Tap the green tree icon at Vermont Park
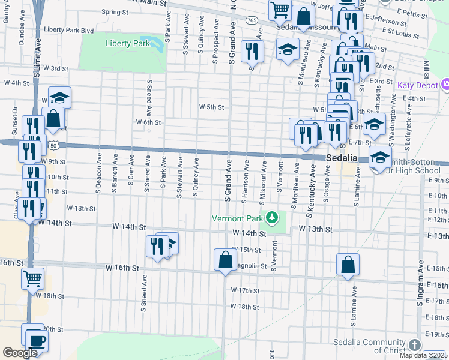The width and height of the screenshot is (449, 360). (x=273, y=217)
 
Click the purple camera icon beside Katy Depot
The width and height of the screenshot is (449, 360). (x=445, y=85)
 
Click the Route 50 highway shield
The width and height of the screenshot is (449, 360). (x=54, y=145)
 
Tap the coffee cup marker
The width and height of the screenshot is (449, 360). (x=37, y=342)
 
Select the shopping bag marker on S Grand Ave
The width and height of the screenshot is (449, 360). (x=225, y=260)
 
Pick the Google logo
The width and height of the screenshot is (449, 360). (x=20, y=353)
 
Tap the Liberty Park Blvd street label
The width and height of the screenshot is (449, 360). (x=69, y=30)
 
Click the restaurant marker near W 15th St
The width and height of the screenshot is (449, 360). (x=157, y=247)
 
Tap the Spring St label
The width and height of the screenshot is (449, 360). (x=112, y=11)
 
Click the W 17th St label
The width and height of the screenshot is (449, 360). (x=245, y=290)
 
